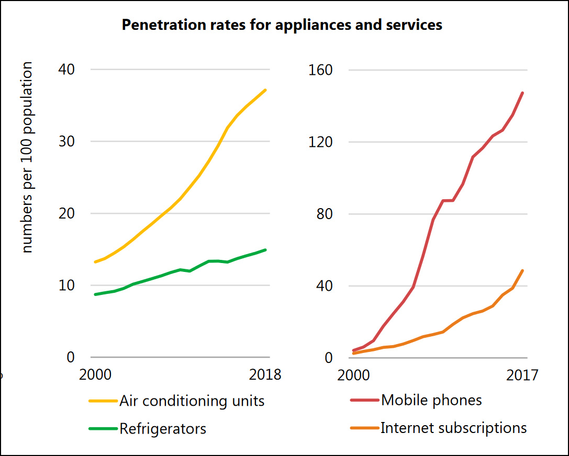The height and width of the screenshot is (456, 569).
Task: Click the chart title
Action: (x=282, y=25)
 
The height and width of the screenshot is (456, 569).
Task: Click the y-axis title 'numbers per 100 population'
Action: (x=27, y=157)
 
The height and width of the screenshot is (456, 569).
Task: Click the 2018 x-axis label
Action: (x=266, y=375)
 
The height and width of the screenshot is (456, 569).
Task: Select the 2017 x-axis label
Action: (x=522, y=375)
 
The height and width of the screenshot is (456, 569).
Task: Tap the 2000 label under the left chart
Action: (x=94, y=375)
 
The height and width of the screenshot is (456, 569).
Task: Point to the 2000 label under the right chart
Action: (x=353, y=375)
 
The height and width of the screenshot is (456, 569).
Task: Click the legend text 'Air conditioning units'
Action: (x=192, y=401)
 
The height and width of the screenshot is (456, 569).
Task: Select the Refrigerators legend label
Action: (x=163, y=429)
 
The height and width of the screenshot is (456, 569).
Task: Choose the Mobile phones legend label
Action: (x=431, y=401)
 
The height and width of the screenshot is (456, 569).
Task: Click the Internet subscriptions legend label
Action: (x=453, y=428)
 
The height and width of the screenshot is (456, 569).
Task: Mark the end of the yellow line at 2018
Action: (x=266, y=90)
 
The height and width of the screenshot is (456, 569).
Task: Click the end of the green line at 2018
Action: (x=266, y=249)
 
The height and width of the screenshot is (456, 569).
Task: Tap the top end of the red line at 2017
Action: (x=523, y=93)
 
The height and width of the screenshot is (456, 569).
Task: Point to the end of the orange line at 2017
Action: (x=523, y=270)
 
